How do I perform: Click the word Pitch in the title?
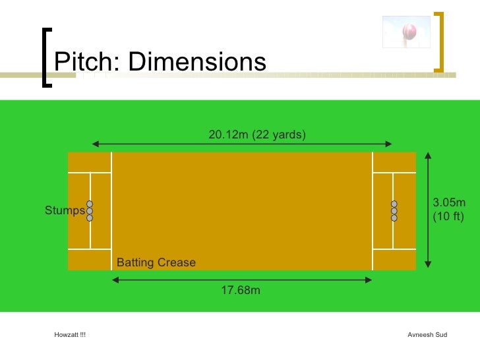(82, 62)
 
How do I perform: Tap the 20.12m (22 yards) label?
(257, 135)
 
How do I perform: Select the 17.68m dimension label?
(241, 289)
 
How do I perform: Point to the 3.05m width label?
(449, 202)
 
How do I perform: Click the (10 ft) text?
(448, 216)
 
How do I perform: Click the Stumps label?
(64, 211)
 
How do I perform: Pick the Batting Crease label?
(156, 262)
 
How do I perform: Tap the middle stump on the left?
(90, 211)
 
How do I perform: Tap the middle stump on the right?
(394, 211)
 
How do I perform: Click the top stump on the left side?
(90, 204)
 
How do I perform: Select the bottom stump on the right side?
(394, 218)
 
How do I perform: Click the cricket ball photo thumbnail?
(407, 32)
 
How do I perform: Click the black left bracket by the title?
(45, 57)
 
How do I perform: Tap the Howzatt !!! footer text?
(70, 335)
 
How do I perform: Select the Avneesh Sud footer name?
(428, 335)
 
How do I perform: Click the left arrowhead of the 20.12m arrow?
(95, 144)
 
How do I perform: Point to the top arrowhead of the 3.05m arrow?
(428, 156)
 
